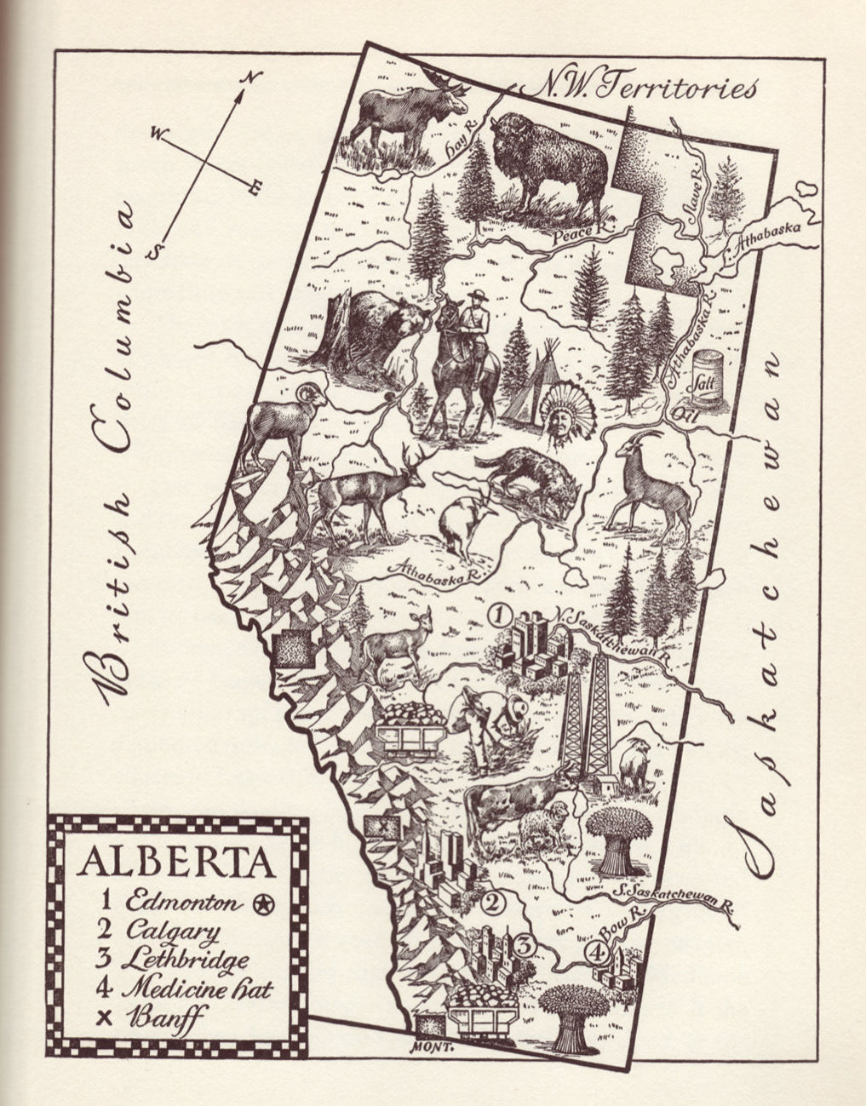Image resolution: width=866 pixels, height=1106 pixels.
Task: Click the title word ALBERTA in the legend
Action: tap(176, 862)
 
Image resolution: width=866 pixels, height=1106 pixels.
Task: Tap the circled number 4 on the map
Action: tap(599, 954)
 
